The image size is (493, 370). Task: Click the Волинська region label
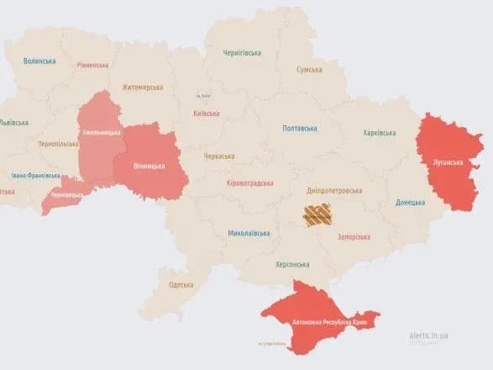click(x=39, y=61)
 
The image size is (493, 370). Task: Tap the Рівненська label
click(x=92, y=65)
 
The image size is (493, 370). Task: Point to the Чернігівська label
click(x=242, y=52)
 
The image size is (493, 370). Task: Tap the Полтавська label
click(x=301, y=128)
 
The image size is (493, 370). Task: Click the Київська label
click(x=206, y=114)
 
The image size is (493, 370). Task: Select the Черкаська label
click(x=219, y=156)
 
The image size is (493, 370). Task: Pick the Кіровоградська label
click(x=250, y=182)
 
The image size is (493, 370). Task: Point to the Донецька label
click(x=410, y=202)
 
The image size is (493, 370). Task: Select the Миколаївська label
click(x=249, y=233)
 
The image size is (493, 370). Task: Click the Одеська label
click(x=181, y=284)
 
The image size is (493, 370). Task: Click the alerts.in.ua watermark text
click(x=428, y=335)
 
